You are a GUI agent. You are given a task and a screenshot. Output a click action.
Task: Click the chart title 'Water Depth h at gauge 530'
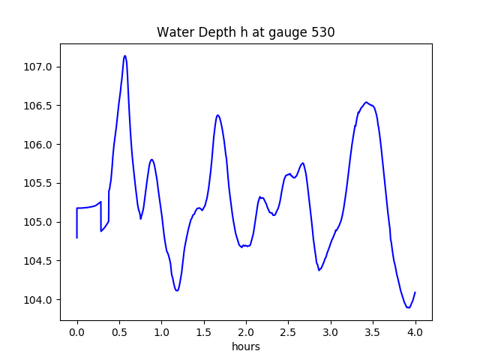click(245, 32)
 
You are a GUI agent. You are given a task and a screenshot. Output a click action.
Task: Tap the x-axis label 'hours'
click(245, 346)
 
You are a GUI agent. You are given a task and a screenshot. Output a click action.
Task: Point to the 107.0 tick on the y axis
click(39, 67)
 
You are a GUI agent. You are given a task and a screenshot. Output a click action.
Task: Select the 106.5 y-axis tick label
click(39, 106)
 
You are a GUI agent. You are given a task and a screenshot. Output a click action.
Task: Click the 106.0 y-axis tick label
click(39, 145)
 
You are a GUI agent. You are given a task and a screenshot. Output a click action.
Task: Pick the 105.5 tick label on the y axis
click(39, 184)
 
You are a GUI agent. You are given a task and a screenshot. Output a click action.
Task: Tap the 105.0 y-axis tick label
click(39, 222)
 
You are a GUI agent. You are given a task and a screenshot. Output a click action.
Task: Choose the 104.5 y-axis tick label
click(39, 261)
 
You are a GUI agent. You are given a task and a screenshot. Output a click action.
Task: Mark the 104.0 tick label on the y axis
click(39, 300)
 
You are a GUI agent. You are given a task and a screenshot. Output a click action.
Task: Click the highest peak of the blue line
click(124, 55)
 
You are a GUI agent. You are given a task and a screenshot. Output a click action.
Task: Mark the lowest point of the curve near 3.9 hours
click(408, 307)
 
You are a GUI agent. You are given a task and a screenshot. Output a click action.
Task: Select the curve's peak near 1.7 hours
click(217, 115)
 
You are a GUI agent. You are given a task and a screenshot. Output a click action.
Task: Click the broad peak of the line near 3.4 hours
click(366, 102)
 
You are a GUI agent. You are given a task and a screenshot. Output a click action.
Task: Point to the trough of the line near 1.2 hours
click(177, 290)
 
